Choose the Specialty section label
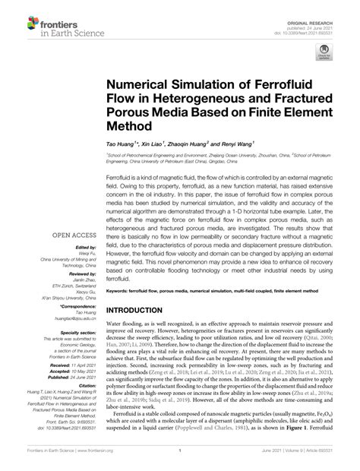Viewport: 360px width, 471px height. coord(73,332)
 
